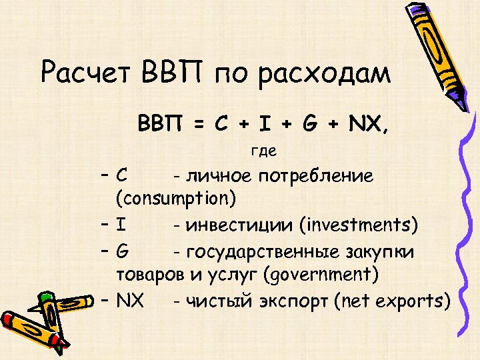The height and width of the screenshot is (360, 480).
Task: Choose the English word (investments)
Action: click(359, 225)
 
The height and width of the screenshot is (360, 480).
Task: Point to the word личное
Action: click(219, 176)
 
